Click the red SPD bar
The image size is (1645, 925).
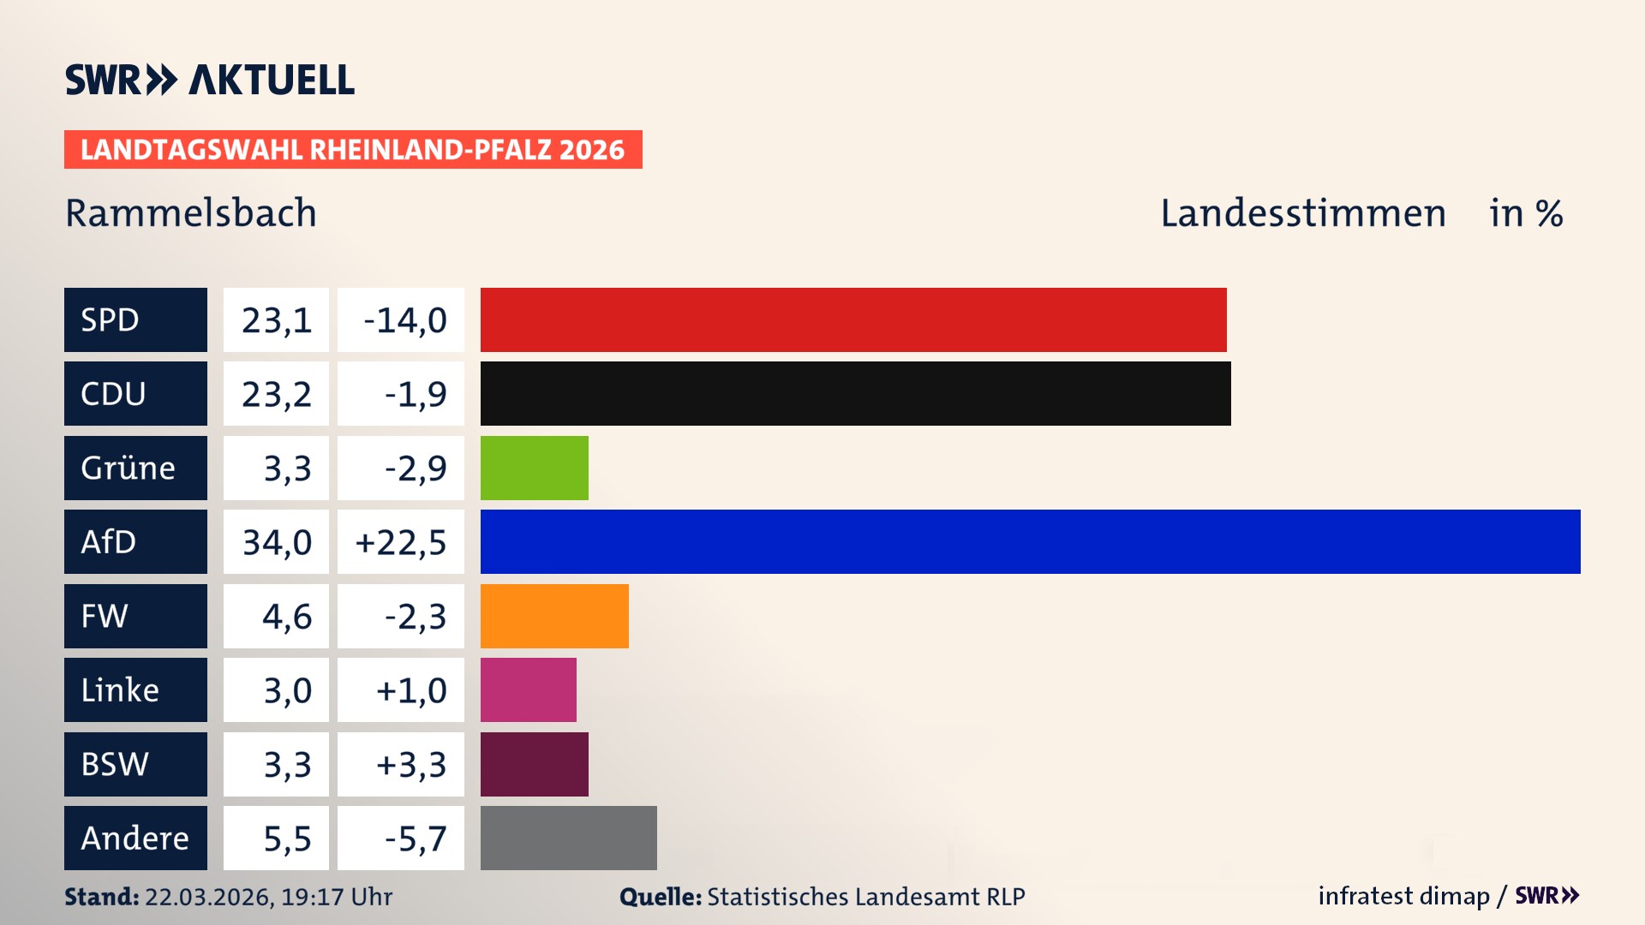[x=852, y=319]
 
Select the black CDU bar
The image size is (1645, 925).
[x=855, y=393]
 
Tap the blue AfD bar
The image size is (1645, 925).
[x=1030, y=541]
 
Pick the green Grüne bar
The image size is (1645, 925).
[x=534, y=468]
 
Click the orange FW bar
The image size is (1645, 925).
[x=554, y=616]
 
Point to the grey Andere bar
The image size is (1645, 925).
[x=568, y=838]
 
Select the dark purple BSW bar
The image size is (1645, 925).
[x=534, y=764]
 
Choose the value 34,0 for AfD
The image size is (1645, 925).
[x=277, y=542]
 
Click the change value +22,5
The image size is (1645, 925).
[x=401, y=542]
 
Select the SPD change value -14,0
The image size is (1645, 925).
[x=404, y=320]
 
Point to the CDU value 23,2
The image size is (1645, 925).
[x=277, y=394]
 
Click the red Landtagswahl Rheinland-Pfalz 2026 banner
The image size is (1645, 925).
[x=353, y=150]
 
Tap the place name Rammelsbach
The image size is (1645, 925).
[x=191, y=213]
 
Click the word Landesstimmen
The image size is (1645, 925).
[x=1302, y=213]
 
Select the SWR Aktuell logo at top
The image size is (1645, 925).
[x=210, y=80]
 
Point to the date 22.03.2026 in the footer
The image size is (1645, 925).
[x=208, y=897]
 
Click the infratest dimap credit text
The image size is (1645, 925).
[x=1403, y=896]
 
